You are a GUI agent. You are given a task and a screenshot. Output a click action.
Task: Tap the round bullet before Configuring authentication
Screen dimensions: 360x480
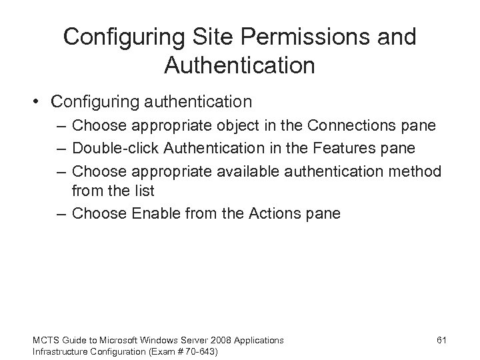click(x=38, y=102)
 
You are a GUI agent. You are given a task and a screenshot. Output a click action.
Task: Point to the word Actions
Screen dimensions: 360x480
click(x=271, y=213)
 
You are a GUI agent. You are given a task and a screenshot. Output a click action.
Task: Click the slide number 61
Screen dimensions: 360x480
click(x=441, y=340)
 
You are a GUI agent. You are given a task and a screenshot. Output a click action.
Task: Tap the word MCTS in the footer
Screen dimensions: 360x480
click(x=45, y=340)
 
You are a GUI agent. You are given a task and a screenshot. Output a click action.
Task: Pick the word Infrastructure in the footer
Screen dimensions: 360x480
click(x=58, y=351)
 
